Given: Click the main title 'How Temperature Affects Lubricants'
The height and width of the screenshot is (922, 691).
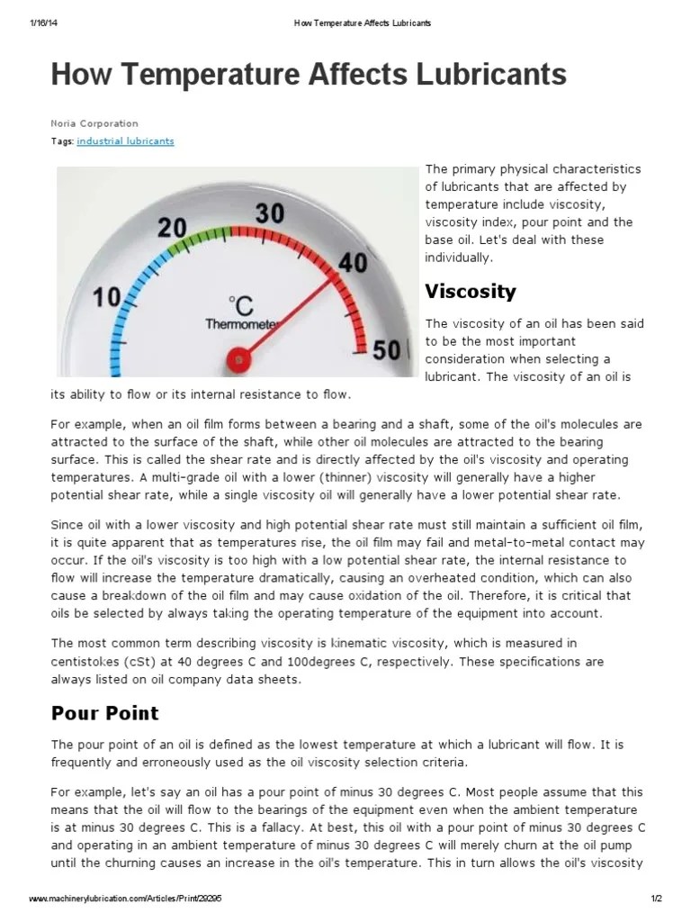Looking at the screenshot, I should click(x=309, y=74).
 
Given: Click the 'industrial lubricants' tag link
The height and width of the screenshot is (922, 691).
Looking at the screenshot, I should click(x=125, y=141).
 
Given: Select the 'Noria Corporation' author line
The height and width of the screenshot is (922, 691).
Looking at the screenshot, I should click(x=94, y=123).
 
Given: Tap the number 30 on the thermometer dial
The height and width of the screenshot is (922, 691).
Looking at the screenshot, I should click(x=269, y=212).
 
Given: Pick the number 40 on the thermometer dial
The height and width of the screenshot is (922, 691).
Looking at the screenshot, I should click(x=353, y=262).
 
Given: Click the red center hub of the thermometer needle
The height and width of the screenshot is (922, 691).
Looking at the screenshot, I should click(x=238, y=359).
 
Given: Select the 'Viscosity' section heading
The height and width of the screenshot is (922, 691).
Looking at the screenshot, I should click(x=471, y=292).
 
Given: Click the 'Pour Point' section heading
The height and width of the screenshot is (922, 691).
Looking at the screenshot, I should click(x=104, y=713).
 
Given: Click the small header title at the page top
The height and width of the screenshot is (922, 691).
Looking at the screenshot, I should click(x=363, y=23).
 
